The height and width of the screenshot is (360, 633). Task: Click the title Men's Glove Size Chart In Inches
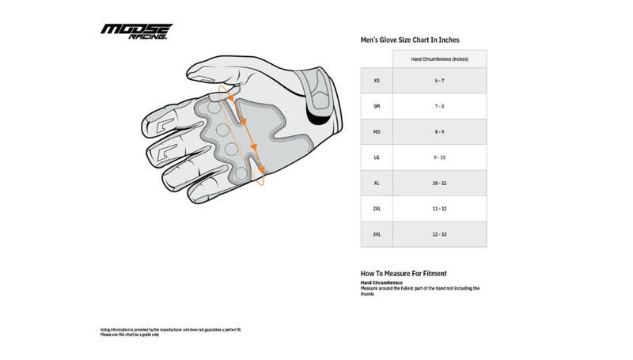tap(410, 40)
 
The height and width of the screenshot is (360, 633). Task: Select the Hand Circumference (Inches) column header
tap(439, 59)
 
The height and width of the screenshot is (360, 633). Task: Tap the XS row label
tap(376, 81)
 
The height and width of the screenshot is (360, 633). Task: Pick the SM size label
tap(376, 106)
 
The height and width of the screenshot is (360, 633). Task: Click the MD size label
tap(376, 131)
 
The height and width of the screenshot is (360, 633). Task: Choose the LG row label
tap(376, 157)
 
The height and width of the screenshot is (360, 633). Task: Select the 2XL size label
tap(376, 209)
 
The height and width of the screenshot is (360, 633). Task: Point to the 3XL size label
tap(376, 234)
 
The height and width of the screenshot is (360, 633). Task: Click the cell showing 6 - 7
tap(439, 81)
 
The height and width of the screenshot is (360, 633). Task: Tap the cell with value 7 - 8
tap(439, 106)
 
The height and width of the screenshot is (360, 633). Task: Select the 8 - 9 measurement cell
tap(439, 131)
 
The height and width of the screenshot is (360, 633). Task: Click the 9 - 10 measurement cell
tap(439, 157)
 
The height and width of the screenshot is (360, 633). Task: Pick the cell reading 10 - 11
tap(439, 183)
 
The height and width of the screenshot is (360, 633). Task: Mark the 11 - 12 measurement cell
tap(439, 209)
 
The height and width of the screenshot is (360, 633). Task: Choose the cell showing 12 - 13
tap(439, 234)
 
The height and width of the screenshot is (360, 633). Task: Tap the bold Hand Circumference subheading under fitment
tap(381, 282)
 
